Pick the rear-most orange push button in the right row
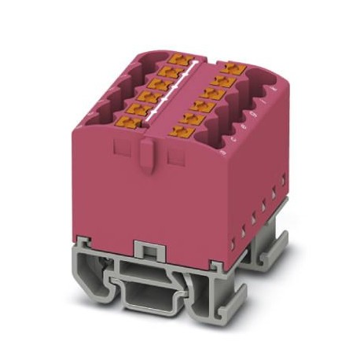point(230,67)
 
